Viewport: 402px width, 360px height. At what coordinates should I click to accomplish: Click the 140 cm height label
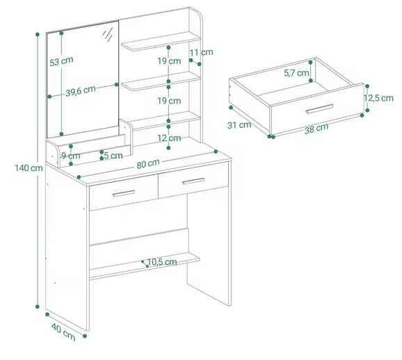pos(29,168)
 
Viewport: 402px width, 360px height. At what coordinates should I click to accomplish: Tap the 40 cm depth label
pos(63,332)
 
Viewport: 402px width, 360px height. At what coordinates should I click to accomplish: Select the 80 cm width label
pos(148,163)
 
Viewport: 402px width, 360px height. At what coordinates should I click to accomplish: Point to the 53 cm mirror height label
pos(61,61)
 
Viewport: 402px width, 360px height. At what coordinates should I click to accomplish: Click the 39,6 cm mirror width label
pos(81,91)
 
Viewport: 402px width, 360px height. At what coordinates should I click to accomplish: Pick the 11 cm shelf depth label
pos(201,52)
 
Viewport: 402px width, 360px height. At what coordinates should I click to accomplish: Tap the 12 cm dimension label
pos(169,138)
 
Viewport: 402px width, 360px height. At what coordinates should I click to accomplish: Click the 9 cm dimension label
pos(70,156)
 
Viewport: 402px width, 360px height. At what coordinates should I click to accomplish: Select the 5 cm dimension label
pos(113,155)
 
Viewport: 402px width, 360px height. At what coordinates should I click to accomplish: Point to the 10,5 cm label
pos(162,262)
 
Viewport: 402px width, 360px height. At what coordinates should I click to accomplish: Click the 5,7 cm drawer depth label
pos(296,73)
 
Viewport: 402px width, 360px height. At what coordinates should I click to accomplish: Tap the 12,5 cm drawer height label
pos(378,98)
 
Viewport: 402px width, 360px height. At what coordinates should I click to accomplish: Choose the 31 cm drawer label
pos(239,125)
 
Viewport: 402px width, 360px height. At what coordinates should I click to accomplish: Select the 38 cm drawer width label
pos(316,128)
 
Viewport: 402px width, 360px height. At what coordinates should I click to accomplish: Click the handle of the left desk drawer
pos(124,193)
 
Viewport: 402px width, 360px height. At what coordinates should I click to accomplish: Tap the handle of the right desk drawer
pos(193,181)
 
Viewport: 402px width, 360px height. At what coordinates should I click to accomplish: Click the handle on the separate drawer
pos(319,108)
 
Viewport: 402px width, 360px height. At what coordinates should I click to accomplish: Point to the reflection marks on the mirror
pos(108,35)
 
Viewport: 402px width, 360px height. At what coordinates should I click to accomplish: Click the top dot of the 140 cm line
pos(38,34)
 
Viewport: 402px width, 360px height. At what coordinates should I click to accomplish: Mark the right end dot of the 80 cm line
pos(216,152)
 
